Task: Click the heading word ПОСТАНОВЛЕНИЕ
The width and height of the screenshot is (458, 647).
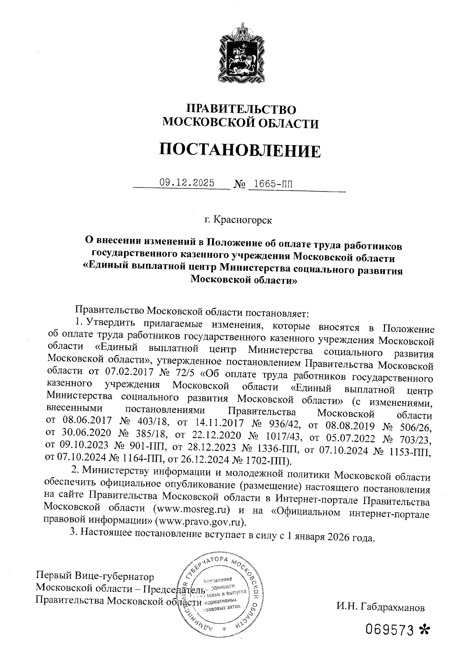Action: tap(240, 151)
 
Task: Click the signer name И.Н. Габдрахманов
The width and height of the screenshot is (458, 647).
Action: tap(380, 607)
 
